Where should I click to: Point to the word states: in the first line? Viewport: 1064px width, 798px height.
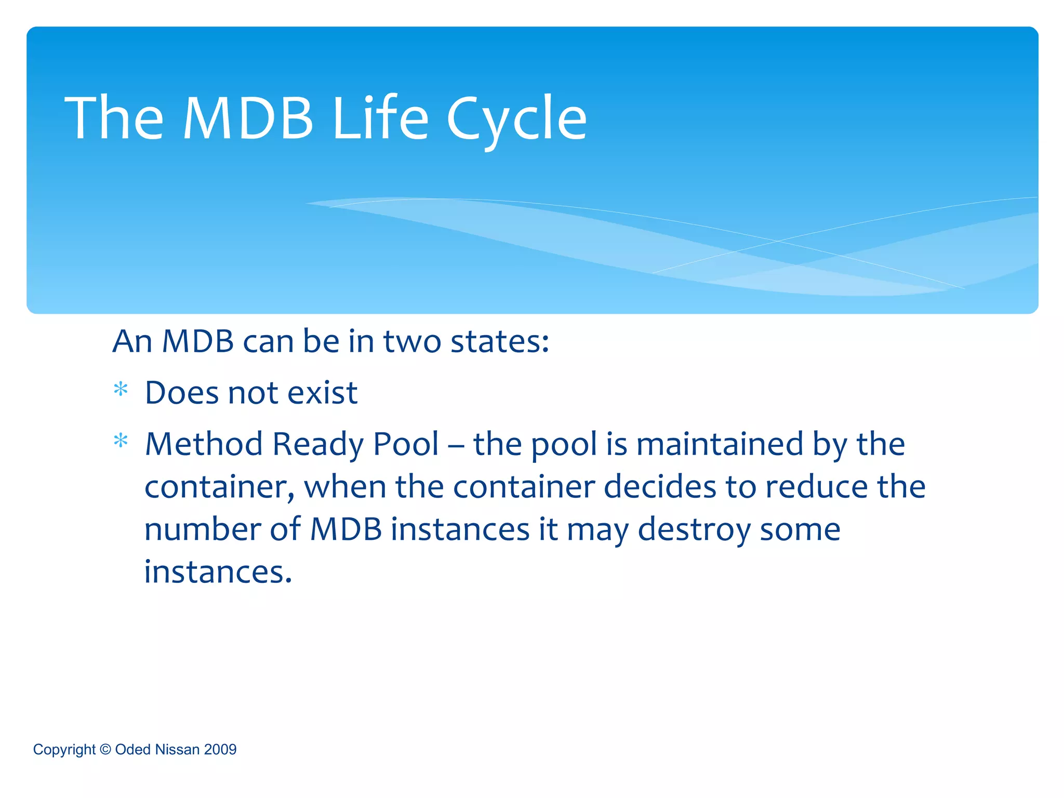coord(500,342)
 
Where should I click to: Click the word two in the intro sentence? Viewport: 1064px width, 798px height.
coord(412,342)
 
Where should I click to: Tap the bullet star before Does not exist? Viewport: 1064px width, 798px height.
coord(121,390)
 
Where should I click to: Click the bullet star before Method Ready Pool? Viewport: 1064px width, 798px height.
coord(121,441)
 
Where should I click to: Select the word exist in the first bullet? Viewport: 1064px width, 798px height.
coord(322,392)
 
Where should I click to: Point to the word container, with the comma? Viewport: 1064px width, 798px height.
coord(219,487)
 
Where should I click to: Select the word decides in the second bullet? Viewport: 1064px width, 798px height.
coord(660,487)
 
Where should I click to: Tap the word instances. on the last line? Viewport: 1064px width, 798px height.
coord(218,572)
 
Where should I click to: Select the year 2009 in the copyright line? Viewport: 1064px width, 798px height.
coord(220,750)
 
